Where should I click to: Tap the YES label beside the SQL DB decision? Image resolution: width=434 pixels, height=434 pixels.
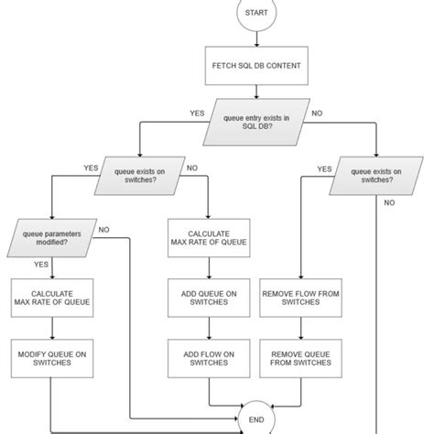pyautogui.click(x=197, y=113)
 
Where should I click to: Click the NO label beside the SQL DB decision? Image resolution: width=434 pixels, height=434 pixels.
pyautogui.click(x=318, y=113)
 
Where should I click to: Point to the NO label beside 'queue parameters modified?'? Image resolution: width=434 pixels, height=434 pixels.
pyautogui.click(x=103, y=229)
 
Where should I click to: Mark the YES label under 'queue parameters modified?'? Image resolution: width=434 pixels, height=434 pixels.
pyautogui.click(x=40, y=264)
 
